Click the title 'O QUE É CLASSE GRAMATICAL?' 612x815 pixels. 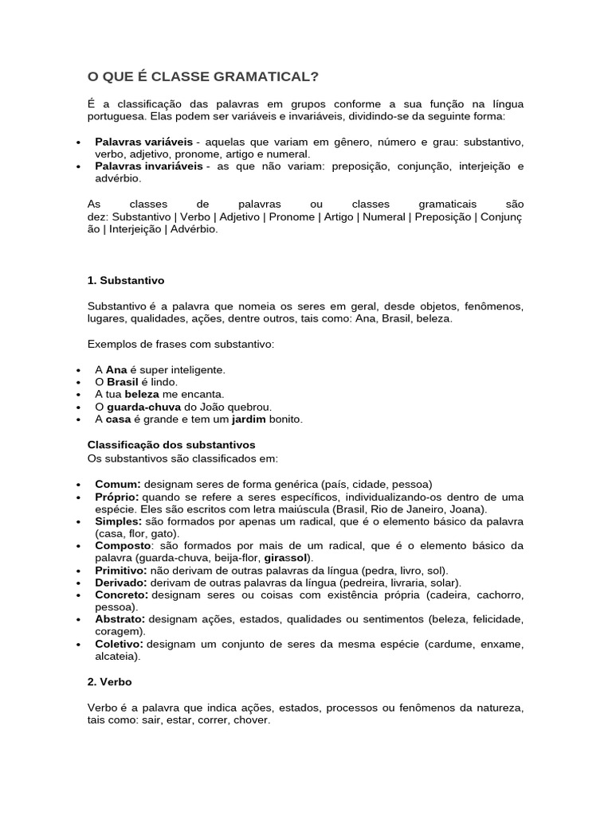click(202, 76)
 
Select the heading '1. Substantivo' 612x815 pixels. click(125, 280)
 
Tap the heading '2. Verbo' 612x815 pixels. click(109, 682)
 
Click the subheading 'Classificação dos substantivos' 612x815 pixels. click(171, 444)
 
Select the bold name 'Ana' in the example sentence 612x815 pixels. click(117, 370)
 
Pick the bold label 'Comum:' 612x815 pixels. click(118, 484)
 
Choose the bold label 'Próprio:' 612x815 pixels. click(120, 497)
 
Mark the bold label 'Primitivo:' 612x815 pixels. click(121, 571)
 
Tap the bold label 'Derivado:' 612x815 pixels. click(121, 583)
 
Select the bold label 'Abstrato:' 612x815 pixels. click(120, 618)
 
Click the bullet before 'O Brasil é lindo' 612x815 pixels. click(77, 383)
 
